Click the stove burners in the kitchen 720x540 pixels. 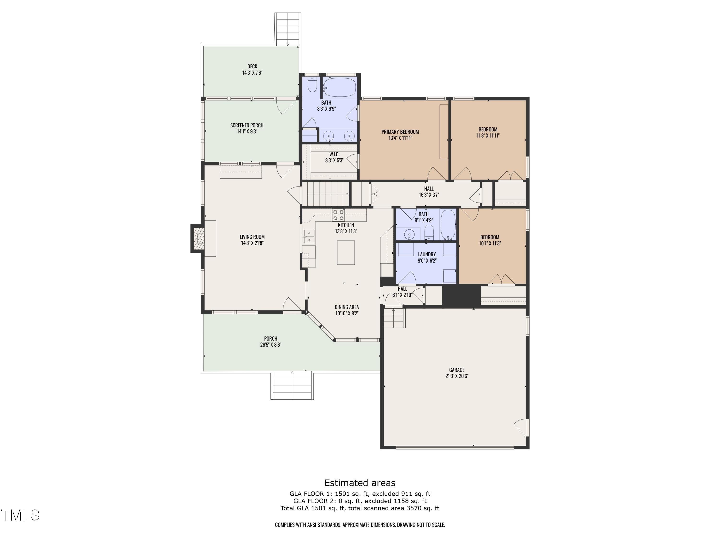point(338,215)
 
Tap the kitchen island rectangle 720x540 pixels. point(346,252)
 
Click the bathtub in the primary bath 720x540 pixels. point(340,87)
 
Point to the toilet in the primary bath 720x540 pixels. point(312,84)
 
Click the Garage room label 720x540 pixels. point(457,370)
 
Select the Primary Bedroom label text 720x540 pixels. point(400,132)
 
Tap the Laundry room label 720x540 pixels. point(427,254)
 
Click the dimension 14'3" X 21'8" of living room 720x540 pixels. point(252,243)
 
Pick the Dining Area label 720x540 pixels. point(347,307)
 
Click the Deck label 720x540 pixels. point(252,66)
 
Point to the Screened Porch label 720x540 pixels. point(247,125)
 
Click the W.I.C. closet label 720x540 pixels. point(334,154)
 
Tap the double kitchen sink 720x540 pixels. point(309,237)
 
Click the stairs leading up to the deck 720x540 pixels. point(288,29)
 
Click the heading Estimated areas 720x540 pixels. point(360,483)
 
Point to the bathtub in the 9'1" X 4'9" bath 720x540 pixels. point(449,225)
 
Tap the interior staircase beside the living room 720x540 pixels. point(325,194)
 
